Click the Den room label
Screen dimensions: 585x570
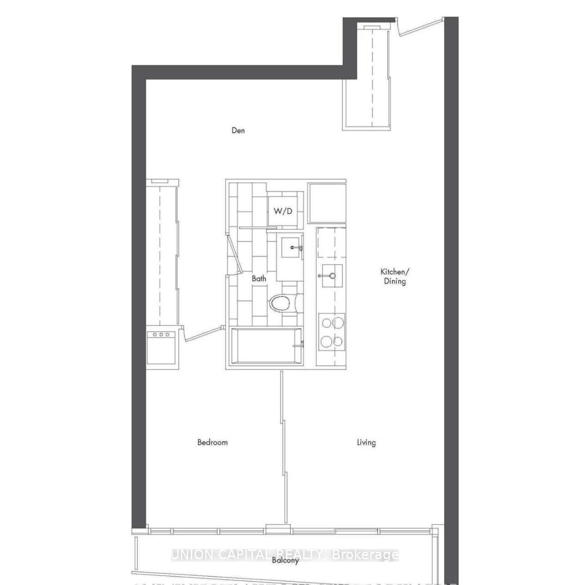pos(238,130)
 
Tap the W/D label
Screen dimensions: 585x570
pos(283,211)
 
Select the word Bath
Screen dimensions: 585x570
pos(259,279)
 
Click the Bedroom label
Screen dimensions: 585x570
pos(212,442)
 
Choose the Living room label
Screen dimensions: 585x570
pos(366,442)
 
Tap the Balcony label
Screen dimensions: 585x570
pos(285,561)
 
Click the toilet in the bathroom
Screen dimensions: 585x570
pos(282,304)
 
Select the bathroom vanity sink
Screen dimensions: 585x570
pos(292,248)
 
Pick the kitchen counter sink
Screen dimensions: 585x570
pos(331,276)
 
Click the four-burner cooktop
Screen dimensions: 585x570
pos(331,331)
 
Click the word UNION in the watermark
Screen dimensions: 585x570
pos(190,555)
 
